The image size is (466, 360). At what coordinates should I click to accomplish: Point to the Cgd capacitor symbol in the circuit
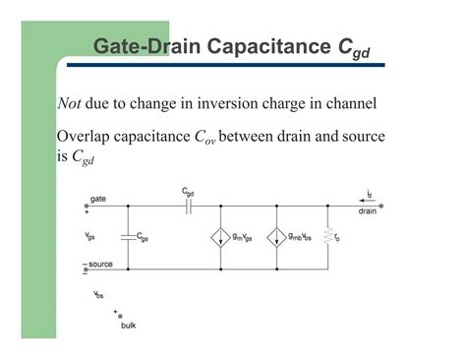(x=189, y=207)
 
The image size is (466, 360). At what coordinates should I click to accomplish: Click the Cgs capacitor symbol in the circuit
(x=127, y=236)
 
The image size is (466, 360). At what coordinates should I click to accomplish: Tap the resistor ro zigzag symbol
(x=327, y=236)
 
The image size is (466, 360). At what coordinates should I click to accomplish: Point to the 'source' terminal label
(x=101, y=265)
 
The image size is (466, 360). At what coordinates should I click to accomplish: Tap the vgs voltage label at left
(x=91, y=236)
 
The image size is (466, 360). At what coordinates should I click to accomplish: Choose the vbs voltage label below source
(x=98, y=293)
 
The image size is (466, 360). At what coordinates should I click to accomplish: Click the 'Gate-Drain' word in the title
(x=147, y=46)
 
